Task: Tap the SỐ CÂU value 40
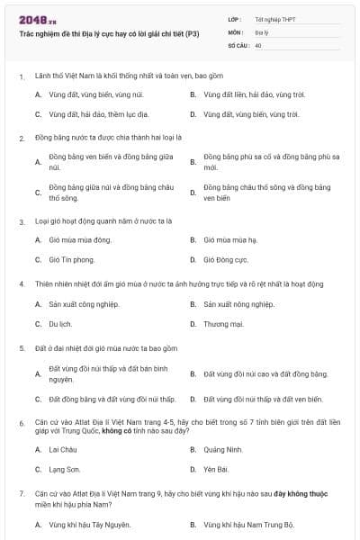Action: coord(258,44)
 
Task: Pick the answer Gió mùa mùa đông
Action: coord(80,240)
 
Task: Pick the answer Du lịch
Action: coord(59,323)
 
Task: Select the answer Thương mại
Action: coord(223,323)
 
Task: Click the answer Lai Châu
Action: coord(63,449)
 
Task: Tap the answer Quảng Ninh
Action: coord(223,449)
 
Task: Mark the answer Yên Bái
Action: coord(217,469)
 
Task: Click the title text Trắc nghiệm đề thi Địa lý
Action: coord(109,33)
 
